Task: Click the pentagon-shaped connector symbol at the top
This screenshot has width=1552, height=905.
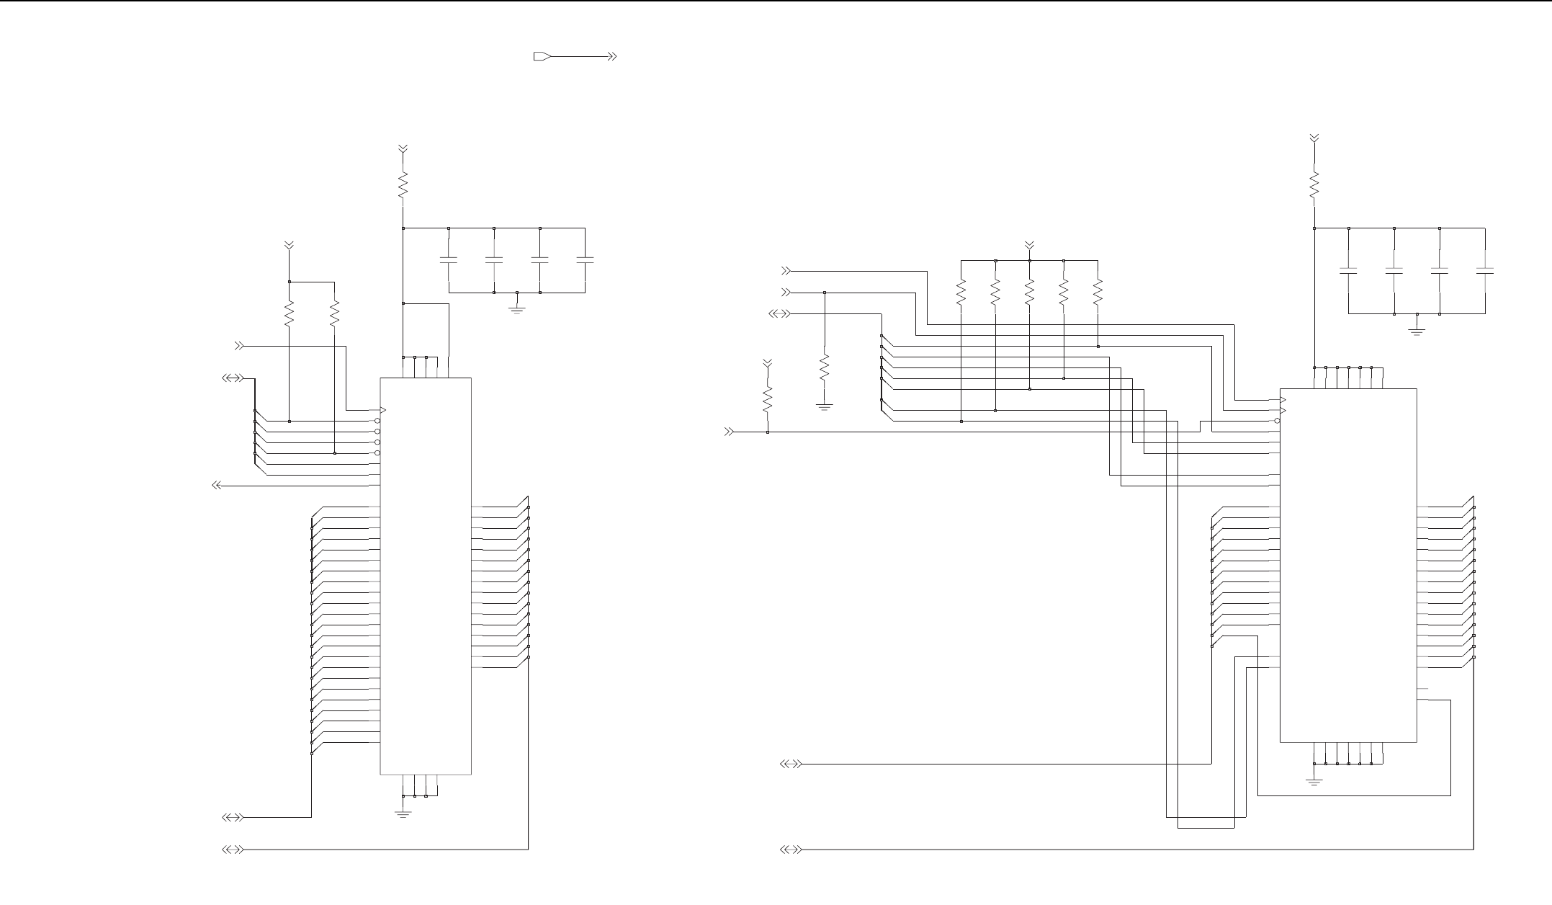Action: (542, 56)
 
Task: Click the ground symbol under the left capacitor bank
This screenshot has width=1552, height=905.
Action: (517, 310)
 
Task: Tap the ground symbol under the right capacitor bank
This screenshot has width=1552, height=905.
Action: (1417, 331)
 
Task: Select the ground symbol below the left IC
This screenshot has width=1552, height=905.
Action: (403, 813)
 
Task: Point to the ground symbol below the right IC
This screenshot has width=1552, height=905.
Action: (1314, 781)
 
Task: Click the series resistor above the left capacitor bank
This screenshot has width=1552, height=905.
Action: (403, 184)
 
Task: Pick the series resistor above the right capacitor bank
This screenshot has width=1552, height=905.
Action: (1314, 184)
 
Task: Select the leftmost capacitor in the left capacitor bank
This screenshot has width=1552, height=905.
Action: (449, 259)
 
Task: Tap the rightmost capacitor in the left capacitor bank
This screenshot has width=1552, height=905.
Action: (585, 259)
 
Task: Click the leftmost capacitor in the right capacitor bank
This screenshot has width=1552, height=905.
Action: (1348, 271)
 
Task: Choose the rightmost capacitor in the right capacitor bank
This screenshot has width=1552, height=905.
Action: (1485, 271)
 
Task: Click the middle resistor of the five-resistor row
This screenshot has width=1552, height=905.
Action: (1029, 293)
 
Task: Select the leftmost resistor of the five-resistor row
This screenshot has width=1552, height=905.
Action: (961, 293)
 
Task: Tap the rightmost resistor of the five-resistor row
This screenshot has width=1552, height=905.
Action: (1098, 293)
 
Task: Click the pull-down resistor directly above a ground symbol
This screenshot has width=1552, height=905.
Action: (825, 369)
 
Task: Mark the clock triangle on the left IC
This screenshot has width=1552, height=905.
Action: (383, 410)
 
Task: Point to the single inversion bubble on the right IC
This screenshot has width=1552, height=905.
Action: (1277, 421)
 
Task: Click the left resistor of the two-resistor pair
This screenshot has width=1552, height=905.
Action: (289, 314)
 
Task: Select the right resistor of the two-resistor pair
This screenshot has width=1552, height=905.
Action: (334, 314)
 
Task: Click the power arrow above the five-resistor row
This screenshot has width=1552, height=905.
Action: (1029, 246)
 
